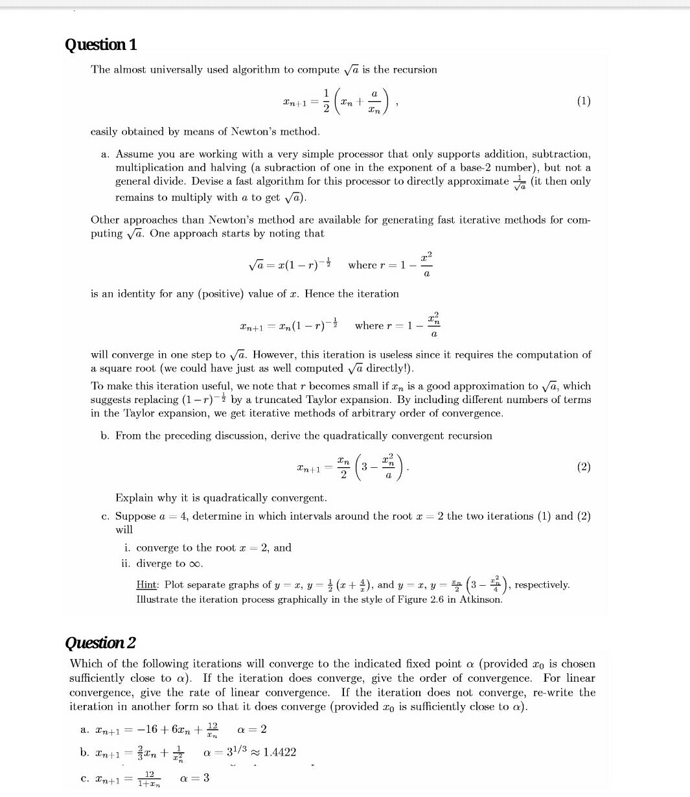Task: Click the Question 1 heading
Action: (101, 45)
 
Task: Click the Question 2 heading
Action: (101, 643)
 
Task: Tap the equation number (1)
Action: (583, 101)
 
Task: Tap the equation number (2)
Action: (583, 467)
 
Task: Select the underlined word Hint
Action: (147, 584)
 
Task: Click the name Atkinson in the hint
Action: (480, 599)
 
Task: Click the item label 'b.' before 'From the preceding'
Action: (105, 435)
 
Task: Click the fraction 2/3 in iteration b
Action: (148, 752)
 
